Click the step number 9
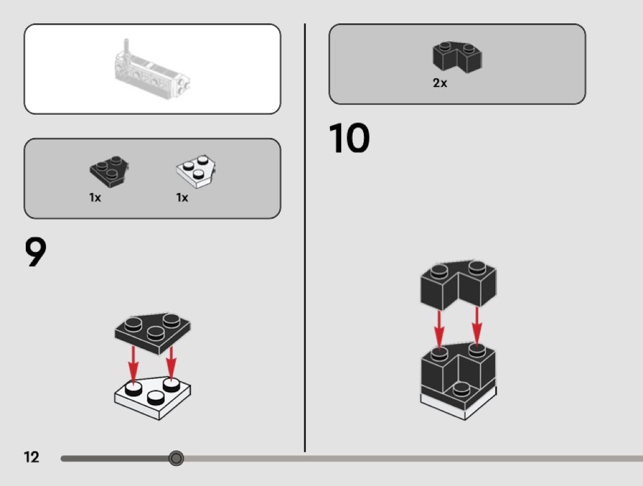pyautogui.click(x=36, y=252)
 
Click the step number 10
pyautogui.click(x=349, y=138)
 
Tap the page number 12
pyautogui.click(x=32, y=457)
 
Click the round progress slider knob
pyautogui.click(x=176, y=458)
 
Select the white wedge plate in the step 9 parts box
pyautogui.click(x=196, y=171)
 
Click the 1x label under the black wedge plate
pyautogui.click(x=95, y=198)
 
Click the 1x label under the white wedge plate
pyautogui.click(x=182, y=198)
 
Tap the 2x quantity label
pyautogui.click(x=440, y=83)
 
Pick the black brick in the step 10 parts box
pyautogui.click(x=457, y=56)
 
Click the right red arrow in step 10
pyautogui.click(x=476, y=327)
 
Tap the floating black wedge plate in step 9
pyautogui.click(x=152, y=333)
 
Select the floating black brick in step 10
pyautogui.click(x=458, y=284)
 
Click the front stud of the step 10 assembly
pyautogui.click(x=461, y=389)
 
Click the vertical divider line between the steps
pyautogui.click(x=305, y=238)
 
